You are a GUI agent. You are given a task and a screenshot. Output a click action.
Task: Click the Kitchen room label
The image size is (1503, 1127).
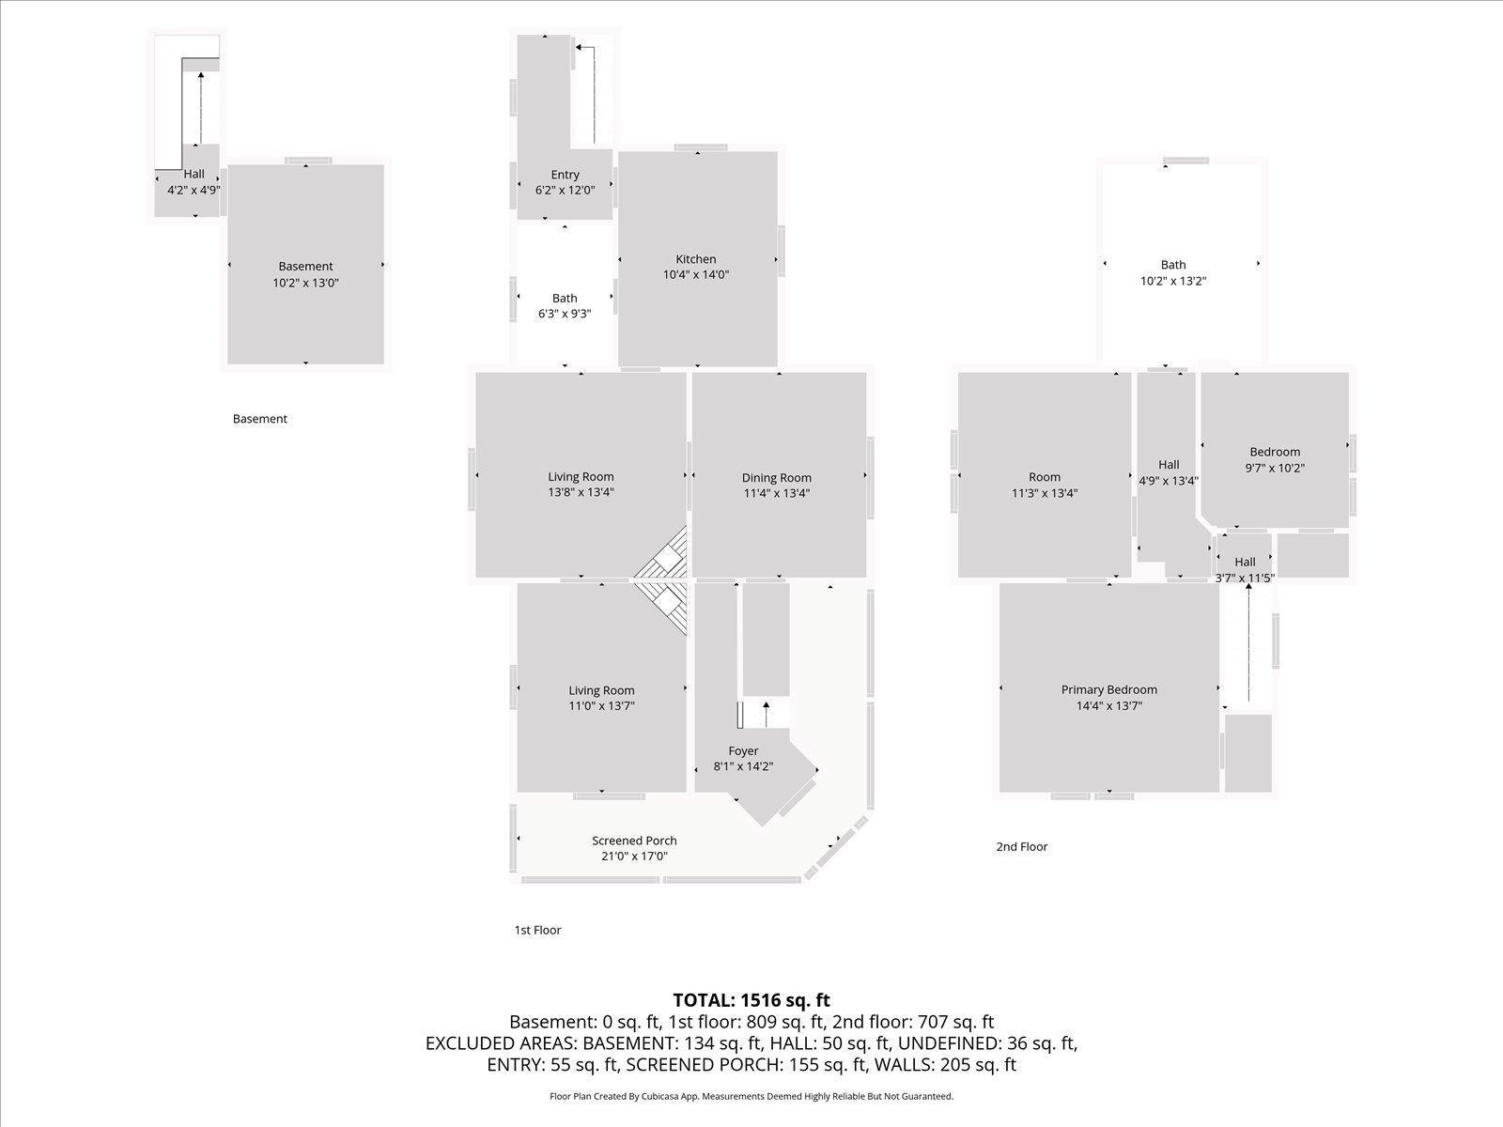coord(696,259)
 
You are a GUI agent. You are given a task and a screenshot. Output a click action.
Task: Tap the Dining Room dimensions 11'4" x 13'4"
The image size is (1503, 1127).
coord(777,493)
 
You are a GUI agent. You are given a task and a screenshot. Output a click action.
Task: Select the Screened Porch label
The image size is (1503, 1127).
coord(634,841)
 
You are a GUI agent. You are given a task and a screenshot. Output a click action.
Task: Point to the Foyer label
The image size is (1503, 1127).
coord(743,750)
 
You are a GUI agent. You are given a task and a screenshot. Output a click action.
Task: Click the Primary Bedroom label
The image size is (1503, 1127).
coord(1109,689)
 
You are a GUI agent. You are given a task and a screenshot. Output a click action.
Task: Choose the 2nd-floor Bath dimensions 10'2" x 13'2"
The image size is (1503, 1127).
coord(1173,281)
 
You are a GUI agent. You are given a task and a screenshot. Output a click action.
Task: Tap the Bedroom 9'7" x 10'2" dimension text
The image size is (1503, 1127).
coord(1275,468)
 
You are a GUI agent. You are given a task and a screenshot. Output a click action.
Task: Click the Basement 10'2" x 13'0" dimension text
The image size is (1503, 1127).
coord(305,282)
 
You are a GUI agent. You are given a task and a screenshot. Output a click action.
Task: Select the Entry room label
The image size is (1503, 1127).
coord(566,175)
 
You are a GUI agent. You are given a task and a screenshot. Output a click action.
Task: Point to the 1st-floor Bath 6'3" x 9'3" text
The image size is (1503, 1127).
coord(565,314)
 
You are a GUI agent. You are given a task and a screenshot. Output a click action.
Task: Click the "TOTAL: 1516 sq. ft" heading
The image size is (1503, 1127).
coord(751,1000)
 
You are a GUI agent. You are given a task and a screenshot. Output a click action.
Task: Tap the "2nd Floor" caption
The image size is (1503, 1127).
coord(1022,846)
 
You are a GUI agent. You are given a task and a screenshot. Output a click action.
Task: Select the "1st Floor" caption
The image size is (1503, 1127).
coord(537,930)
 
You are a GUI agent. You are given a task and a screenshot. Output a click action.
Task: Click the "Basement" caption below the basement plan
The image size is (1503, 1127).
coord(260,419)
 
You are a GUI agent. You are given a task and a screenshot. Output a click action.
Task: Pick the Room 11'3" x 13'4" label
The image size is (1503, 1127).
coord(1045,485)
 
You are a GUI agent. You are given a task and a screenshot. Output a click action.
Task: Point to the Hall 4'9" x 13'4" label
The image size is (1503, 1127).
coord(1169,472)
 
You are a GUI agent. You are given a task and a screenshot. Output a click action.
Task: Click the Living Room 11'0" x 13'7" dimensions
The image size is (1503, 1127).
coord(602,706)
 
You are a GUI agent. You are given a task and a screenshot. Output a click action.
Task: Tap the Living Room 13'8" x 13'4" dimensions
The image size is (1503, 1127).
coord(581,492)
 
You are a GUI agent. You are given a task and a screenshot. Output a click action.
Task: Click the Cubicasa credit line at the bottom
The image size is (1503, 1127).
coord(751,1096)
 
